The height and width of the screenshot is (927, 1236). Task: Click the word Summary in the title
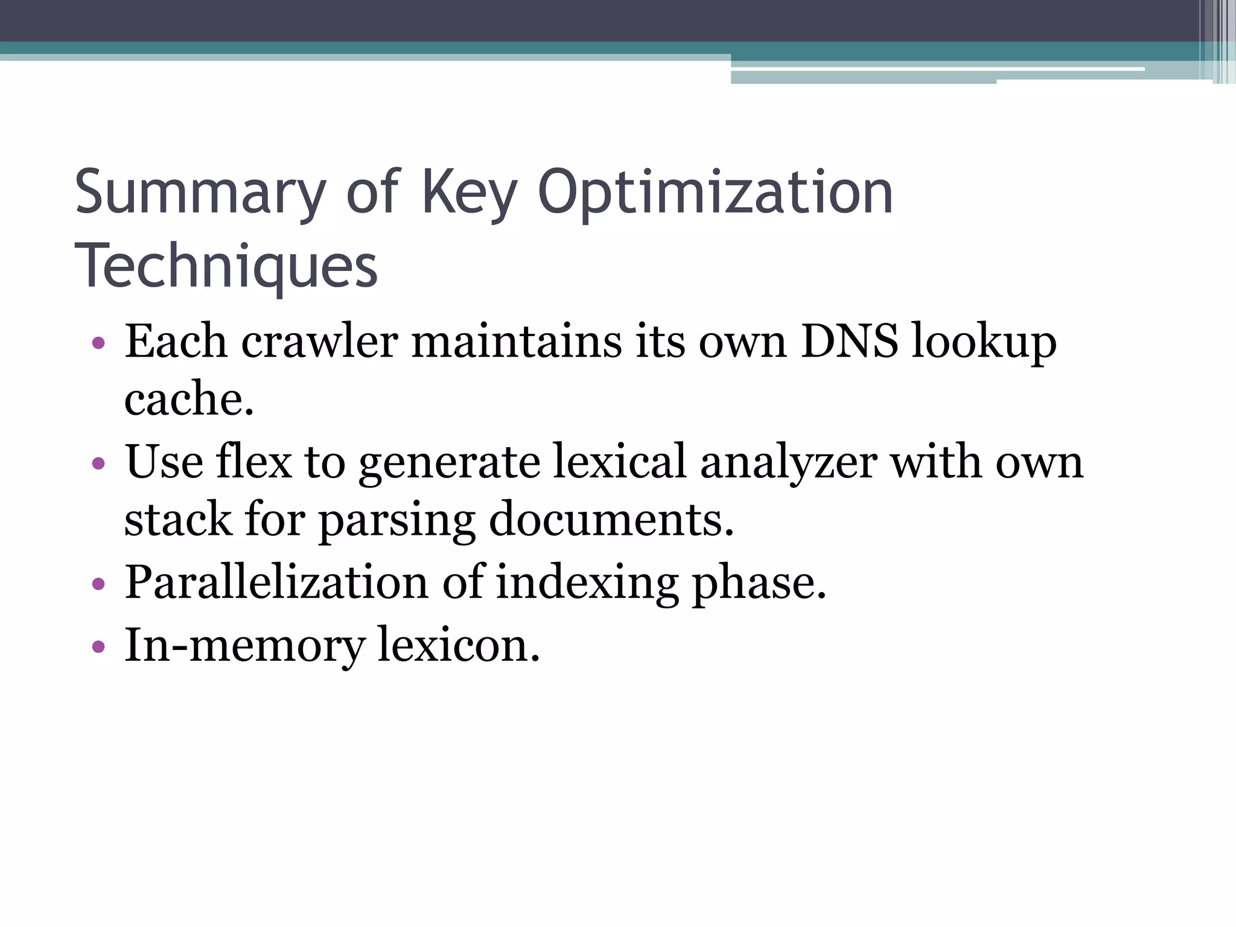pos(200,193)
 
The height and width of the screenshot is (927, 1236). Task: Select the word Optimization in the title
pos(715,193)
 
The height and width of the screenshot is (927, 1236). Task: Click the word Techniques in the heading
pos(226,266)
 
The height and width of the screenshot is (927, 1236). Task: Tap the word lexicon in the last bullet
pos(459,645)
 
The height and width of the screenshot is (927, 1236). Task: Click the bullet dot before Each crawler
pos(98,344)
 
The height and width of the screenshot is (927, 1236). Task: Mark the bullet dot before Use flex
pos(98,465)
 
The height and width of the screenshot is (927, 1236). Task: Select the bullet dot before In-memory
pos(98,647)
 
